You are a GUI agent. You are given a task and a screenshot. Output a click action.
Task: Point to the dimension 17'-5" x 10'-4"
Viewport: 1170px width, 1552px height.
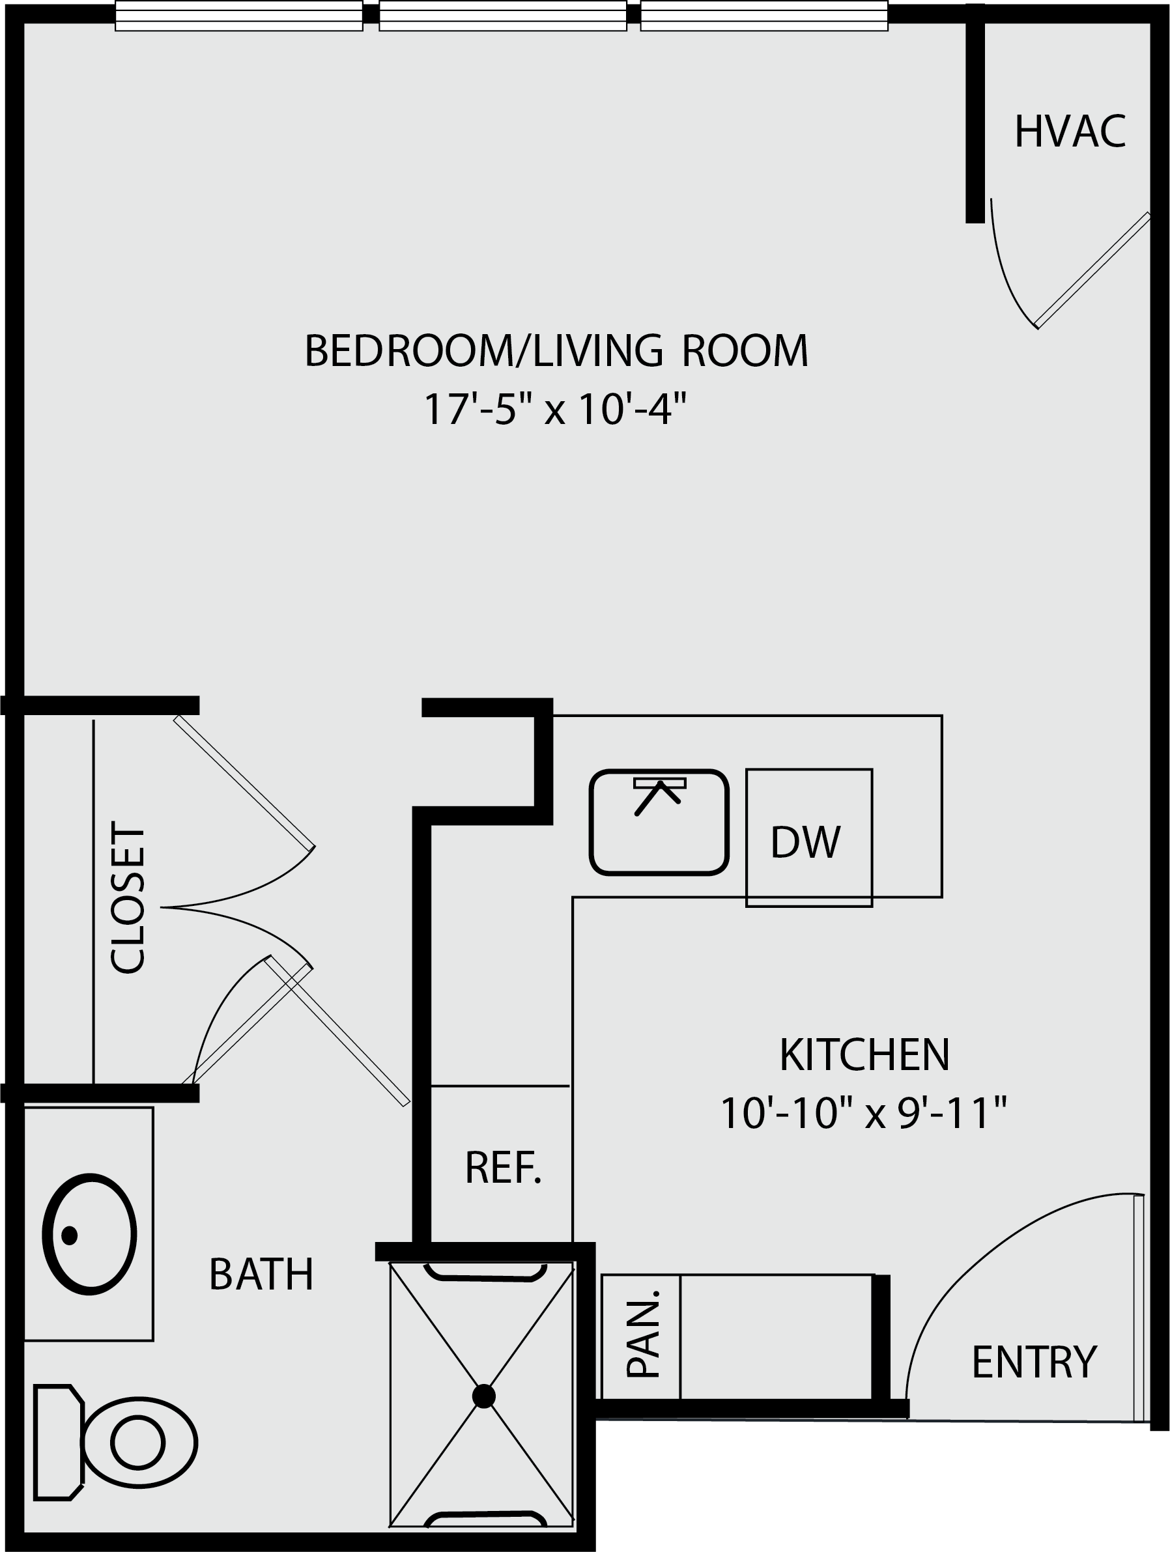(x=554, y=409)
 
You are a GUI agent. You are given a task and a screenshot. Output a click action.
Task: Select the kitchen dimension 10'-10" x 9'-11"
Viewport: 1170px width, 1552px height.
(x=863, y=1113)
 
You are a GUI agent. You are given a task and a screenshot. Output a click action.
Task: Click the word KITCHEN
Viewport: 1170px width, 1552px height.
(x=864, y=1054)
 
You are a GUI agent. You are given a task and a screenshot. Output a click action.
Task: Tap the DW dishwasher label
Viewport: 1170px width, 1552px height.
(x=805, y=842)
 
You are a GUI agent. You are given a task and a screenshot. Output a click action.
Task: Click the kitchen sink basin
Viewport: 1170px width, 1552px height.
(x=659, y=823)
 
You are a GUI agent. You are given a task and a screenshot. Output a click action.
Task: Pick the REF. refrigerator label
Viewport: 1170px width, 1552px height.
(x=503, y=1168)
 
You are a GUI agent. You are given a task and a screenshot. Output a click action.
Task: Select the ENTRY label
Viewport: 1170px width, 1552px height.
(x=1034, y=1362)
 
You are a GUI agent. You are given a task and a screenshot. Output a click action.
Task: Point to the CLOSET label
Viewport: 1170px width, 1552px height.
(x=128, y=900)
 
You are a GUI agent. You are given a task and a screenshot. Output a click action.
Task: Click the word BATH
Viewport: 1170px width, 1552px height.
(x=261, y=1274)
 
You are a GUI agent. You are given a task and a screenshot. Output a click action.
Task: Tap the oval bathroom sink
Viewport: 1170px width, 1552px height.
(x=90, y=1234)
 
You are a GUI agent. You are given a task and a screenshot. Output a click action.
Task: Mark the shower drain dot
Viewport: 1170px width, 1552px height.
(x=483, y=1396)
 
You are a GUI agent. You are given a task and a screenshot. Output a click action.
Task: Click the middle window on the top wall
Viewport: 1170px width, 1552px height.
(x=502, y=16)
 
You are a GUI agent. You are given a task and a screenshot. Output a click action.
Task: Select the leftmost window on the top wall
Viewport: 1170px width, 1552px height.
(x=238, y=16)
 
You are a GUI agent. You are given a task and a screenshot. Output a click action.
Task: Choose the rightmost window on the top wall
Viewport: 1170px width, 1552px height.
(x=764, y=16)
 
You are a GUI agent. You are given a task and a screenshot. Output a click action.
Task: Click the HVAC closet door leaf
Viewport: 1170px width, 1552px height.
(x=1092, y=270)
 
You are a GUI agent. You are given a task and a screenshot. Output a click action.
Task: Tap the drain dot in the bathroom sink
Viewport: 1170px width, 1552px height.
(x=70, y=1235)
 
